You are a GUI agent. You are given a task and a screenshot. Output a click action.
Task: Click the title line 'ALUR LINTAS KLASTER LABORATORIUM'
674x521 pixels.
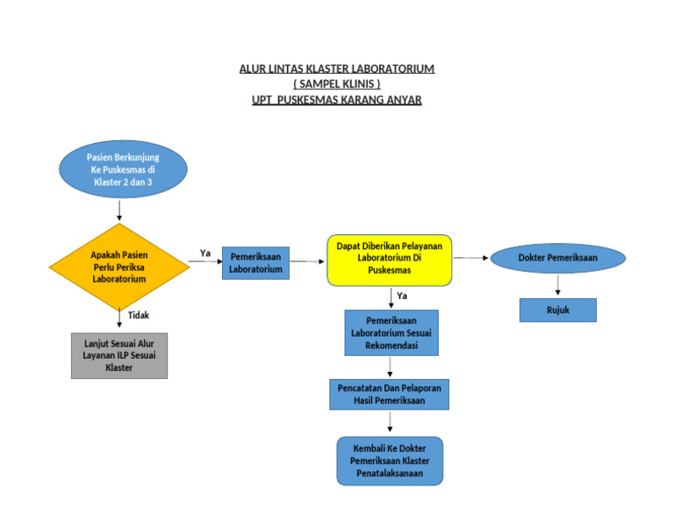337,68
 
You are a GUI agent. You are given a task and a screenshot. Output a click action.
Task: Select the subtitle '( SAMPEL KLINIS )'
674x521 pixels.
337,84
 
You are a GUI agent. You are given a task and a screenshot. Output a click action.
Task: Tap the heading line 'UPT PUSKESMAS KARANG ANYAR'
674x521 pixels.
337,100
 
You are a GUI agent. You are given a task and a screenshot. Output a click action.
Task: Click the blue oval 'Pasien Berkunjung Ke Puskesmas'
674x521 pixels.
123,169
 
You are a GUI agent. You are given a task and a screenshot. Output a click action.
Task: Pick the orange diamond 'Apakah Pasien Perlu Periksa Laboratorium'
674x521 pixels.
119,267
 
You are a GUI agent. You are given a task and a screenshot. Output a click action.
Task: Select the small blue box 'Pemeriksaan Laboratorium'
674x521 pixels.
255,263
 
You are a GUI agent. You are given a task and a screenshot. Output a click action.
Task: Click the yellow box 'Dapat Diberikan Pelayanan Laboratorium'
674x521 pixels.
390,260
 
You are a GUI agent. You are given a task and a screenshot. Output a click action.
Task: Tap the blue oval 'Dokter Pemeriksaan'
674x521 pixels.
557,258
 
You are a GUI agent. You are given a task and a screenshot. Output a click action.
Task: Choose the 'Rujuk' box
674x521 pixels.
557,310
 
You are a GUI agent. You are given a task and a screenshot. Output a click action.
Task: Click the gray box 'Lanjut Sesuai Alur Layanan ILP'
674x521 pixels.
119,354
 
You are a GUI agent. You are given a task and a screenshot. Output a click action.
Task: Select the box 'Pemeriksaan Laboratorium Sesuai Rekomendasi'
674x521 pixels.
391,333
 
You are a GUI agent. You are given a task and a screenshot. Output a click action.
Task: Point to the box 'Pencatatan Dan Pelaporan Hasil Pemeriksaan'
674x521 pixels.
390,394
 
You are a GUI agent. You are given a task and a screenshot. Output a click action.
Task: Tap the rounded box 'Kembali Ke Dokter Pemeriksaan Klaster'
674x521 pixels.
390,461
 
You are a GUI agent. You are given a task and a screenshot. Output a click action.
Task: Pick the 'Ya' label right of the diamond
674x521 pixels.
205,253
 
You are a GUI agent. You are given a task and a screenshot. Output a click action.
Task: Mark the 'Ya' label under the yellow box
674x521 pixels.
402,296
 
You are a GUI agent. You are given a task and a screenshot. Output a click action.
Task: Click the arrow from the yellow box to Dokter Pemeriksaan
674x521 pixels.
471,258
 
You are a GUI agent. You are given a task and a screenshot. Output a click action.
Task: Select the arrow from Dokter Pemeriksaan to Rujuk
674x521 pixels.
557,286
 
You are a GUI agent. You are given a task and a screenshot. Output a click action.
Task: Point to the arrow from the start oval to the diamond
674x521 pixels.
119,209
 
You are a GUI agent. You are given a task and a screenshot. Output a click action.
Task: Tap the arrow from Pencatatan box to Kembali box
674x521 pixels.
390,423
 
